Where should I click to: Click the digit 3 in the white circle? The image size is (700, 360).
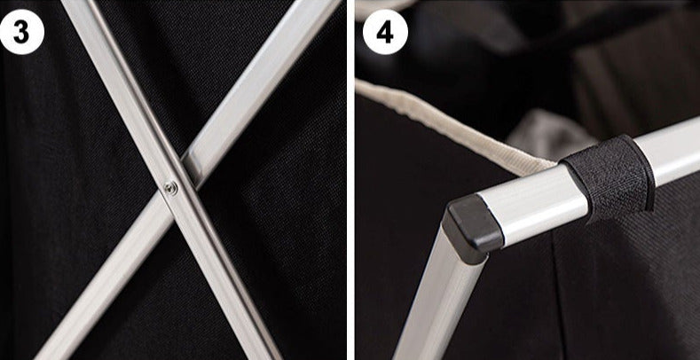(x=20, y=32)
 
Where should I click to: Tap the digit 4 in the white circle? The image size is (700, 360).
(x=385, y=33)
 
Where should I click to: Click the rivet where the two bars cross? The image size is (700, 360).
(x=170, y=188)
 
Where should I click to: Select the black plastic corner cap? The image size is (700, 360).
(x=472, y=228)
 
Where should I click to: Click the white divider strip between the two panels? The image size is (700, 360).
(x=350, y=180)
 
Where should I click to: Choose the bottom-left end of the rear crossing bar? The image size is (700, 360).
(x=49, y=352)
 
